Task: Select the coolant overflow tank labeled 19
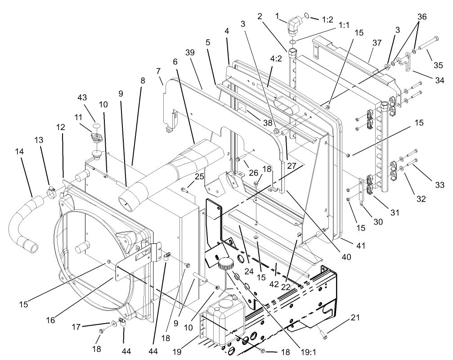tap(221, 319)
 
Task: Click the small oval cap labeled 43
tap(96, 125)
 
